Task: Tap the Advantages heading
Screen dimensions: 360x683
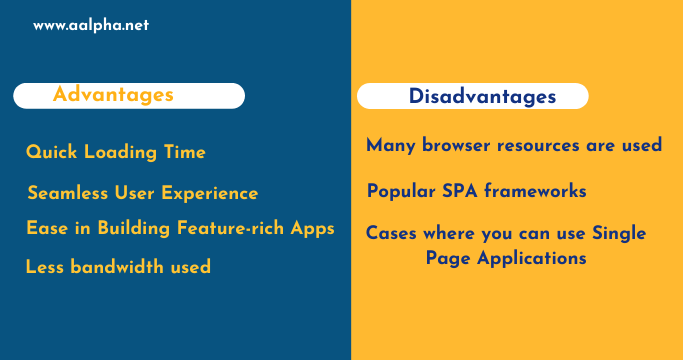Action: point(113,95)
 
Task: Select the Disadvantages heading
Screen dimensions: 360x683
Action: point(483,97)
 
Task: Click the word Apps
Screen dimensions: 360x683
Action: point(312,228)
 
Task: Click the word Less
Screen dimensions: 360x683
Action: point(45,267)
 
